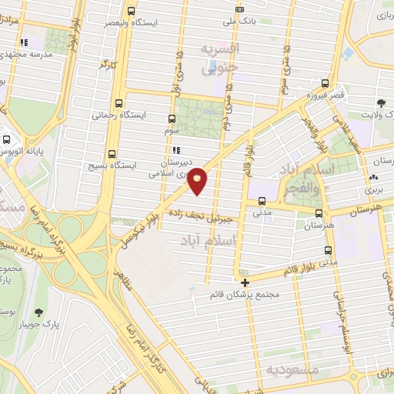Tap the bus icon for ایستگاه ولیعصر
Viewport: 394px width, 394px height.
click(x=130, y=12)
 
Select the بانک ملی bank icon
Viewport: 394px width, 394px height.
click(x=239, y=9)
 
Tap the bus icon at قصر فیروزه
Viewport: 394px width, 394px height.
click(x=326, y=85)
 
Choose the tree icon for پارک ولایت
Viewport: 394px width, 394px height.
click(x=382, y=103)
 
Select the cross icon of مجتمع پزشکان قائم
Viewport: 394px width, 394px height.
click(x=245, y=282)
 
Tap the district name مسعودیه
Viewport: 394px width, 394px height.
click(x=291, y=370)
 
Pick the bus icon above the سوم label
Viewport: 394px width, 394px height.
click(x=171, y=119)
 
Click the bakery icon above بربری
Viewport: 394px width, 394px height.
click(x=373, y=176)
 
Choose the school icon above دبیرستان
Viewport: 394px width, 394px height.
click(x=176, y=150)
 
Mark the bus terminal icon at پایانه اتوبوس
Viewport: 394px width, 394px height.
click(x=7, y=140)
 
